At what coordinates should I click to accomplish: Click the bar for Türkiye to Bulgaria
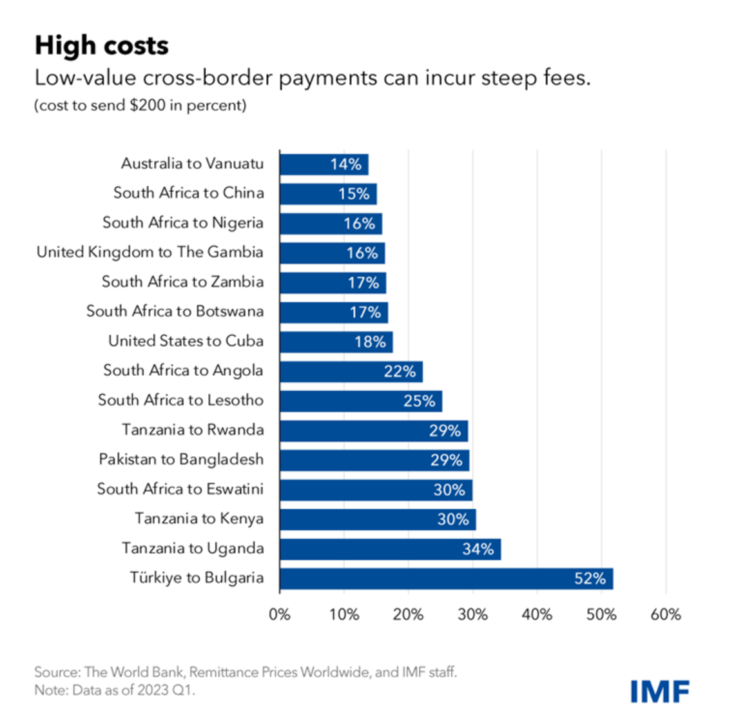[x=446, y=579]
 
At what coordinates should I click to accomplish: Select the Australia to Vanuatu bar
[x=324, y=164]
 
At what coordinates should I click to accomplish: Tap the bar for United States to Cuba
[x=336, y=342]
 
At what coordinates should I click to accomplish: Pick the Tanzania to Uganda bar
[x=390, y=549]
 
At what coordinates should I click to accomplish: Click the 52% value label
[x=590, y=579]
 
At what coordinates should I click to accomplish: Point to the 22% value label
[x=400, y=371]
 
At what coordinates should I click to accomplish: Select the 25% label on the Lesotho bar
[x=419, y=401]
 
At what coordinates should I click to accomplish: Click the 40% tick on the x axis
[x=537, y=614]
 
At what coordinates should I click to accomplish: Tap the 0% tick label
[x=280, y=614]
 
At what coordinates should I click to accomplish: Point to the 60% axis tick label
[x=665, y=614]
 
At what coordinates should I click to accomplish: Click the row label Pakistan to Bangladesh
[x=181, y=460]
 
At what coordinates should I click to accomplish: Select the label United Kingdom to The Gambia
[x=150, y=252]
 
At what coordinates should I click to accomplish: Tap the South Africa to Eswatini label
[x=180, y=489]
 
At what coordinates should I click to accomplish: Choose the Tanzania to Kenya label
[x=199, y=519]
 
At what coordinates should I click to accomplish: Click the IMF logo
[x=660, y=691]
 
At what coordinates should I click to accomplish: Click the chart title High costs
[x=102, y=46]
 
